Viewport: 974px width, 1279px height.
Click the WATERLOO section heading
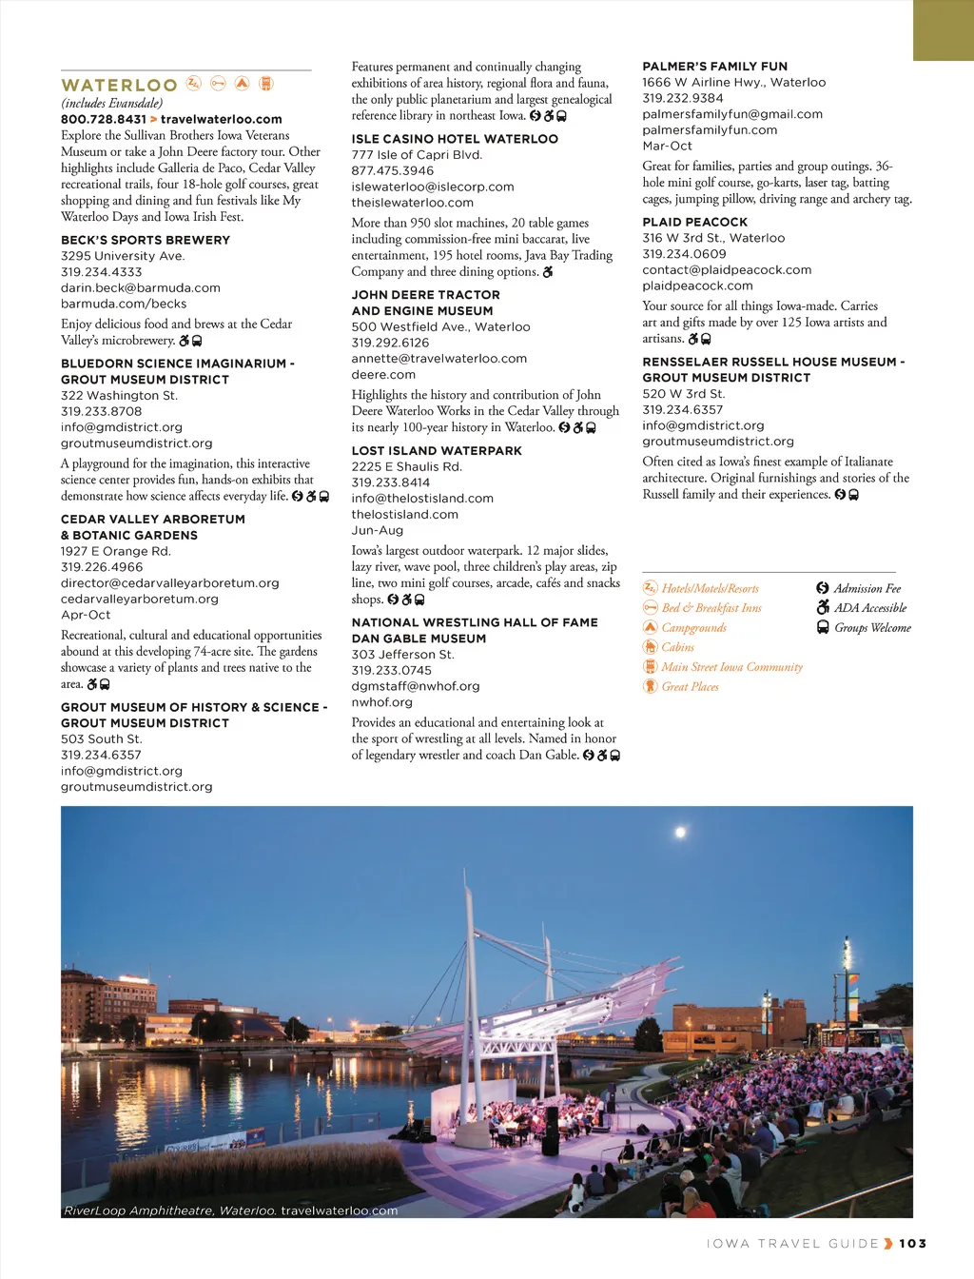(x=119, y=86)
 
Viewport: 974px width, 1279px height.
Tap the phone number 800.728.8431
(x=104, y=119)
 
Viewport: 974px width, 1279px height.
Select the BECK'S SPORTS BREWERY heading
(x=146, y=240)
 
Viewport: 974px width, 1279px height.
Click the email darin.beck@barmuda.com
(x=140, y=287)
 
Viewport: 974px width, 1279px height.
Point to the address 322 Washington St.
(x=119, y=395)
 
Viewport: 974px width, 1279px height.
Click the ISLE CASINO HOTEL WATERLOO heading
(x=455, y=139)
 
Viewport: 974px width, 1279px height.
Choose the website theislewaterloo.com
(x=412, y=203)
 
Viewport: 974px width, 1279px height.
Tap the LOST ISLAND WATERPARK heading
(x=437, y=451)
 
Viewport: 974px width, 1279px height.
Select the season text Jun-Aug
(x=377, y=530)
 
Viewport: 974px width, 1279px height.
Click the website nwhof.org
(x=381, y=702)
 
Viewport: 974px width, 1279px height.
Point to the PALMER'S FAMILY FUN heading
(x=714, y=67)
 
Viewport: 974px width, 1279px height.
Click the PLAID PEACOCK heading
(x=694, y=222)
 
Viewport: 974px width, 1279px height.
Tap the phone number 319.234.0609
(x=684, y=254)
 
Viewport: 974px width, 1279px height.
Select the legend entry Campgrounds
(x=693, y=628)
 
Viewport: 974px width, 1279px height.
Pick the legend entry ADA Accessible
(x=869, y=608)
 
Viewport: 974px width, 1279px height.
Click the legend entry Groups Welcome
(x=872, y=628)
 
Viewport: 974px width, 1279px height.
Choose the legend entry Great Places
(x=690, y=687)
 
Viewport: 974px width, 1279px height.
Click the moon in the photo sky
(x=680, y=834)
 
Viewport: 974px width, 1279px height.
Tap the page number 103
(x=912, y=1243)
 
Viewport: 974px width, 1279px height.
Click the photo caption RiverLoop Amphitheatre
(x=169, y=1210)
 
